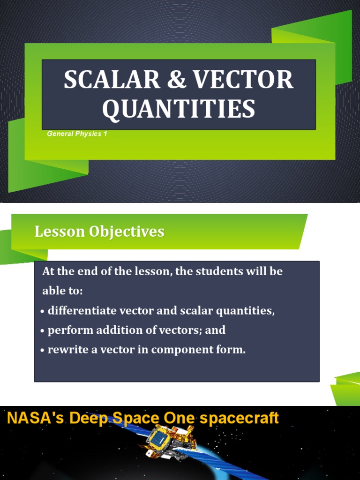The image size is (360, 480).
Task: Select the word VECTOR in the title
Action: [x=243, y=80]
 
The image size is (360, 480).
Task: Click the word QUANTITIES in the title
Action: [x=179, y=108]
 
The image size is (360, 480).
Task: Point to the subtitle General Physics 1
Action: [x=77, y=134]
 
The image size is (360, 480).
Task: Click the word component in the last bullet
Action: [x=186, y=350]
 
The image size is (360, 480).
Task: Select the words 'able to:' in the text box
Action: [x=62, y=291]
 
